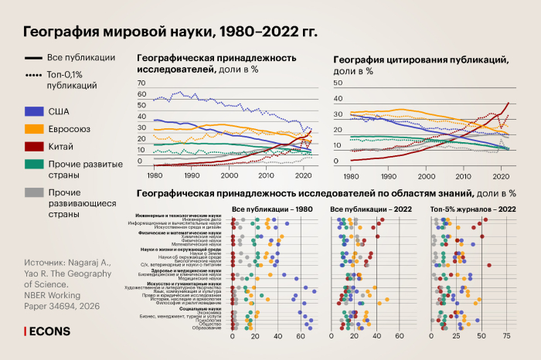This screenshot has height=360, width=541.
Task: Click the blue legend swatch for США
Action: click(x=34, y=110)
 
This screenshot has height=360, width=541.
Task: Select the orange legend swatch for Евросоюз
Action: click(x=34, y=128)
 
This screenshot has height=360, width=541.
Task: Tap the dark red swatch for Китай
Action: click(x=34, y=146)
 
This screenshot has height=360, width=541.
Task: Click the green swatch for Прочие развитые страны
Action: click(x=34, y=164)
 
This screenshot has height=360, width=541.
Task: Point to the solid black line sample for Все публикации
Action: click(x=34, y=57)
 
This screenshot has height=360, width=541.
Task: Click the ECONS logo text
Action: click(x=49, y=331)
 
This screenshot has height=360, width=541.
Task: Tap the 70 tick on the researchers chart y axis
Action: click(x=141, y=83)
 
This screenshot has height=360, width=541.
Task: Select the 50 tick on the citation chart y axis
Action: click(x=336, y=83)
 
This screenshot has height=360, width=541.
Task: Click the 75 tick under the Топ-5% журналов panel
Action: click(x=507, y=338)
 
